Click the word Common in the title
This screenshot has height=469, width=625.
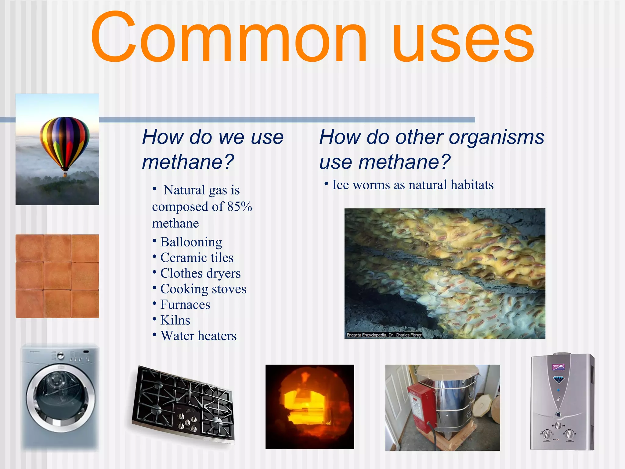pos(229,38)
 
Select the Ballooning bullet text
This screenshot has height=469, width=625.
pos(191,242)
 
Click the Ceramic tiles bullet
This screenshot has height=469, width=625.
pos(197,258)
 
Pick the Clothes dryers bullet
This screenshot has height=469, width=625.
pos(200,273)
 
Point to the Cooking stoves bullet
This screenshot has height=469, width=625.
pos(203,289)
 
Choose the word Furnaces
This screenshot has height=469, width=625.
pos(185,305)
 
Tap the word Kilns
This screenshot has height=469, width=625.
pos(175,320)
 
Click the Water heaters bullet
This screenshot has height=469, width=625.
pos(198,336)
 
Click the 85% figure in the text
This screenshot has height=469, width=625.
pos(240,207)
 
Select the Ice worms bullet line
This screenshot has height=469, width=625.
pos(412,185)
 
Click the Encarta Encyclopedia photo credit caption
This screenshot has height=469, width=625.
pos(384,335)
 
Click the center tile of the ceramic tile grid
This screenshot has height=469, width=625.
pos(57,276)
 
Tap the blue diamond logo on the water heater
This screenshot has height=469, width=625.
pos(559,380)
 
